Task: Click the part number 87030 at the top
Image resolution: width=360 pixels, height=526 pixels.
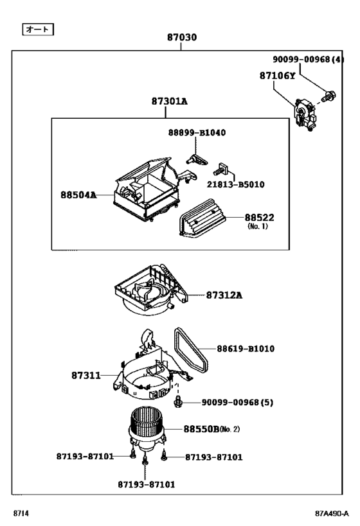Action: [182, 37]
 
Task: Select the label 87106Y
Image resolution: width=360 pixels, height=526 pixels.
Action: [278, 75]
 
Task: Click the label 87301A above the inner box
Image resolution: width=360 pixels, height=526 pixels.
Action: [170, 101]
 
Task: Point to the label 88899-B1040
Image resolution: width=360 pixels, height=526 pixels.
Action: [197, 132]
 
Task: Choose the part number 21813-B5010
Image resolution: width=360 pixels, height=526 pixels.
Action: [235, 184]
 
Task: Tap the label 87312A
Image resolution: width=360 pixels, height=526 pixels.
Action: [225, 295]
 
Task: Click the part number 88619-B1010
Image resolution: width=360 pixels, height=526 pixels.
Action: [245, 349]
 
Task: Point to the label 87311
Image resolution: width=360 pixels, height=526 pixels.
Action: [86, 374]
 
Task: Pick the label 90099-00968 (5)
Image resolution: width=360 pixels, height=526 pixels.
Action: [237, 402]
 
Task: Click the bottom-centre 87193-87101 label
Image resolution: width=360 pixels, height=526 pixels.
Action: [147, 484]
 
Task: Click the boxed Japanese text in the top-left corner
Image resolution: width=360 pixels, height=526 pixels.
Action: [37, 29]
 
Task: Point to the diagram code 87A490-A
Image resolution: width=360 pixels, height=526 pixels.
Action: [332, 514]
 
